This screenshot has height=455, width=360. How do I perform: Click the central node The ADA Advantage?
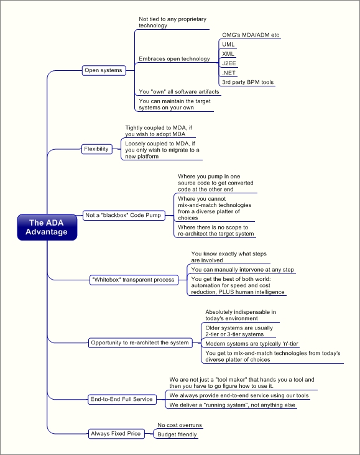pos(47,227)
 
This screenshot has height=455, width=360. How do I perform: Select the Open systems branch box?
pos(104,70)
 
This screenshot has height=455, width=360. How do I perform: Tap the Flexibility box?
pos(96,149)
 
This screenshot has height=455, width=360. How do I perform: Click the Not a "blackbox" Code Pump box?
pos(124,215)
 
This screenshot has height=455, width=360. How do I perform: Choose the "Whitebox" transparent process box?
pos(134,280)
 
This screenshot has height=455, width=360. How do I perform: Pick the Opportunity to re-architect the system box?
pos(141,342)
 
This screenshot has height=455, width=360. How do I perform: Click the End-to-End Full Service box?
pos(122,399)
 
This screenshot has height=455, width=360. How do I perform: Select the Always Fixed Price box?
pos(116,433)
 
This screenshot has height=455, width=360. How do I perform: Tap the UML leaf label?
pos(228,44)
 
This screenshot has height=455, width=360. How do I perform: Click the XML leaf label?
pos(228,53)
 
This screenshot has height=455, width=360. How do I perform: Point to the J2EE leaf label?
pos(229,63)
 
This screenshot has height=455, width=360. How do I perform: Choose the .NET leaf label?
pos(229,73)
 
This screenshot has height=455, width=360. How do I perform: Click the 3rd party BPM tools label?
pos(248,82)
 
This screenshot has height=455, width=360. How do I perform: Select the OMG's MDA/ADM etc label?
pos(251,35)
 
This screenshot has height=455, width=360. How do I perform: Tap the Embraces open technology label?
pos(174,58)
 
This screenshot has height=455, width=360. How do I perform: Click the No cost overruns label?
pos(180,425)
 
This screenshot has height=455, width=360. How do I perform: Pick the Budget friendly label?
pos(177,434)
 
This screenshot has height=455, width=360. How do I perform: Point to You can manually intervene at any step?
pos(242,270)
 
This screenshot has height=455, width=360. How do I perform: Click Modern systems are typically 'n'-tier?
pos(252,344)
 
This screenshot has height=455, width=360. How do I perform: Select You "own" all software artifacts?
pos(179,92)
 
